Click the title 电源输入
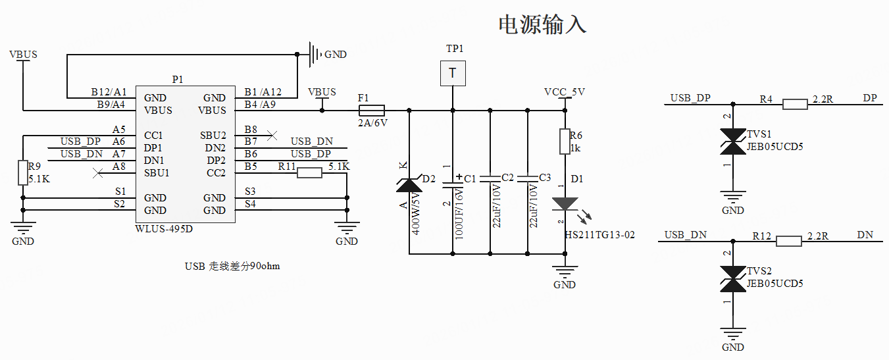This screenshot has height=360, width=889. pyautogui.click(x=542, y=24)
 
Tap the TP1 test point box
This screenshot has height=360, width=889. pyautogui.click(x=453, y=73)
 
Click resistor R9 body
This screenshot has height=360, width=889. pyautogui.click(x=23, y=172)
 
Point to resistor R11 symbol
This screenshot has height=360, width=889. pyautogui.click(x=309, y=173)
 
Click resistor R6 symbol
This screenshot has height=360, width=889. pyautogui.click(x=565, y=141)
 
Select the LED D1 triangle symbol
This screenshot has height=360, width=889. pyautogui.click(x=565, y=204)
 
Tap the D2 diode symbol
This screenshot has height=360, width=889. pyautogui.click(x=409, y=185)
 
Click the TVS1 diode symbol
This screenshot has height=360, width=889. pyautogui.click(x=732, y=141)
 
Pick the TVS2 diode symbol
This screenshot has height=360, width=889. pyautogui.click(x=732, y=278)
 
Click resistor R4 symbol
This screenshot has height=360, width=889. pyautogui.click(x=795, y=104)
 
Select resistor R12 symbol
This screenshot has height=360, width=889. pyautogui.click(x=788, y=241)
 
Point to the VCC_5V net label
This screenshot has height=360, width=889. pyautogui.click(x=564, y=92)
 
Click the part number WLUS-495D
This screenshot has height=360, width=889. pyautogui.click(x=165, y=228)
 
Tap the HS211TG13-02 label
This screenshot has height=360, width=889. pyautogui.click(x=600, y=235)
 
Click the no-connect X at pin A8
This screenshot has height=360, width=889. pyautogui.click(x=98, y=173)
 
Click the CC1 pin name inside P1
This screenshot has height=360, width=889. pyautogui.click(x=153, y=136)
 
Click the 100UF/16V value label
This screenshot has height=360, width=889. pyautogui.click(x=459, y=211)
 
